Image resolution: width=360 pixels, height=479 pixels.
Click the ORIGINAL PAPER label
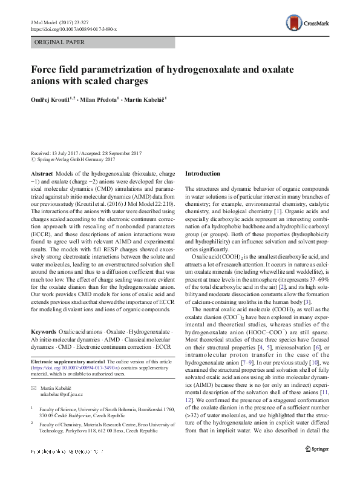[x=59, y=42]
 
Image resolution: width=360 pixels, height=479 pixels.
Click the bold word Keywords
[x=44, y=332]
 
